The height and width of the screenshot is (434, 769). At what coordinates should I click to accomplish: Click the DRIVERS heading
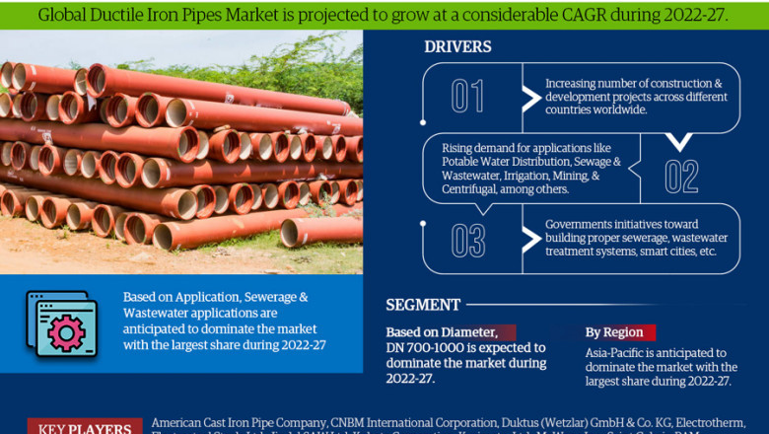(x=457, y=47)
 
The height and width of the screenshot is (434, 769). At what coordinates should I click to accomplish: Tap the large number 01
(x=467, y=97)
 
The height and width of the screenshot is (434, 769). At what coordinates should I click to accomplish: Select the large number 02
(x=681, y=177)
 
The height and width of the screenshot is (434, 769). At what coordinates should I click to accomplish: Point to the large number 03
(x=467, y=240)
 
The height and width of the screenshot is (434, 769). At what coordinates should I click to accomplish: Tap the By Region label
(x=614, y=332)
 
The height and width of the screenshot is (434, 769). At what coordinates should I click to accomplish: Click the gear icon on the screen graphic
(x=66, y=332)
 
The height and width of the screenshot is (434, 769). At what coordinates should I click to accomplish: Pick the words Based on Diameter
(x=449, y=332)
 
